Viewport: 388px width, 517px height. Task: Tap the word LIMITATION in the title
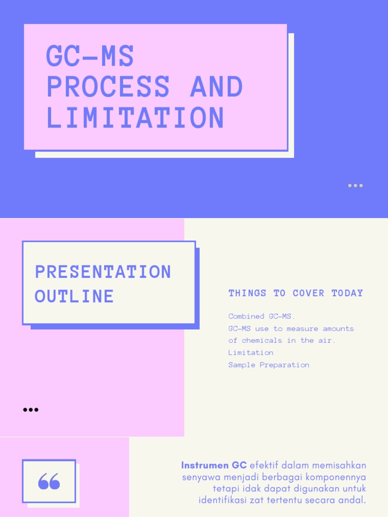point(135,118)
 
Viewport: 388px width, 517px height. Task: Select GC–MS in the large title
point(90,56)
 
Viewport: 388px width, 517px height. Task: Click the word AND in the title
point(216,87)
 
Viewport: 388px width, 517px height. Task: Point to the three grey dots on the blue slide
point(355,186)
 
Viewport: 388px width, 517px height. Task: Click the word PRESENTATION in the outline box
point(103,272)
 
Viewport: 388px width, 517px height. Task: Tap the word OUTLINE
point(74,296)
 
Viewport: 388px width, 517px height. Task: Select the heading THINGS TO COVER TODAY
point(296,293)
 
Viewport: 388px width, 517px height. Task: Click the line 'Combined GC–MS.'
point(261,317)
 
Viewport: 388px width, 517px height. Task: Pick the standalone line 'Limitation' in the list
point(251,353)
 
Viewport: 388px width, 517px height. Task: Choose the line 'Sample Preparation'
point(268,365)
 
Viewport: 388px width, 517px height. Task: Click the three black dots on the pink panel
point(31,409)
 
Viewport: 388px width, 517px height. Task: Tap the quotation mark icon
point(49,481)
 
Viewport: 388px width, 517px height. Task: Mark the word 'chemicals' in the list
point(263,341)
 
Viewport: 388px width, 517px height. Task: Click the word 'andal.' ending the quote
point(354,500)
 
